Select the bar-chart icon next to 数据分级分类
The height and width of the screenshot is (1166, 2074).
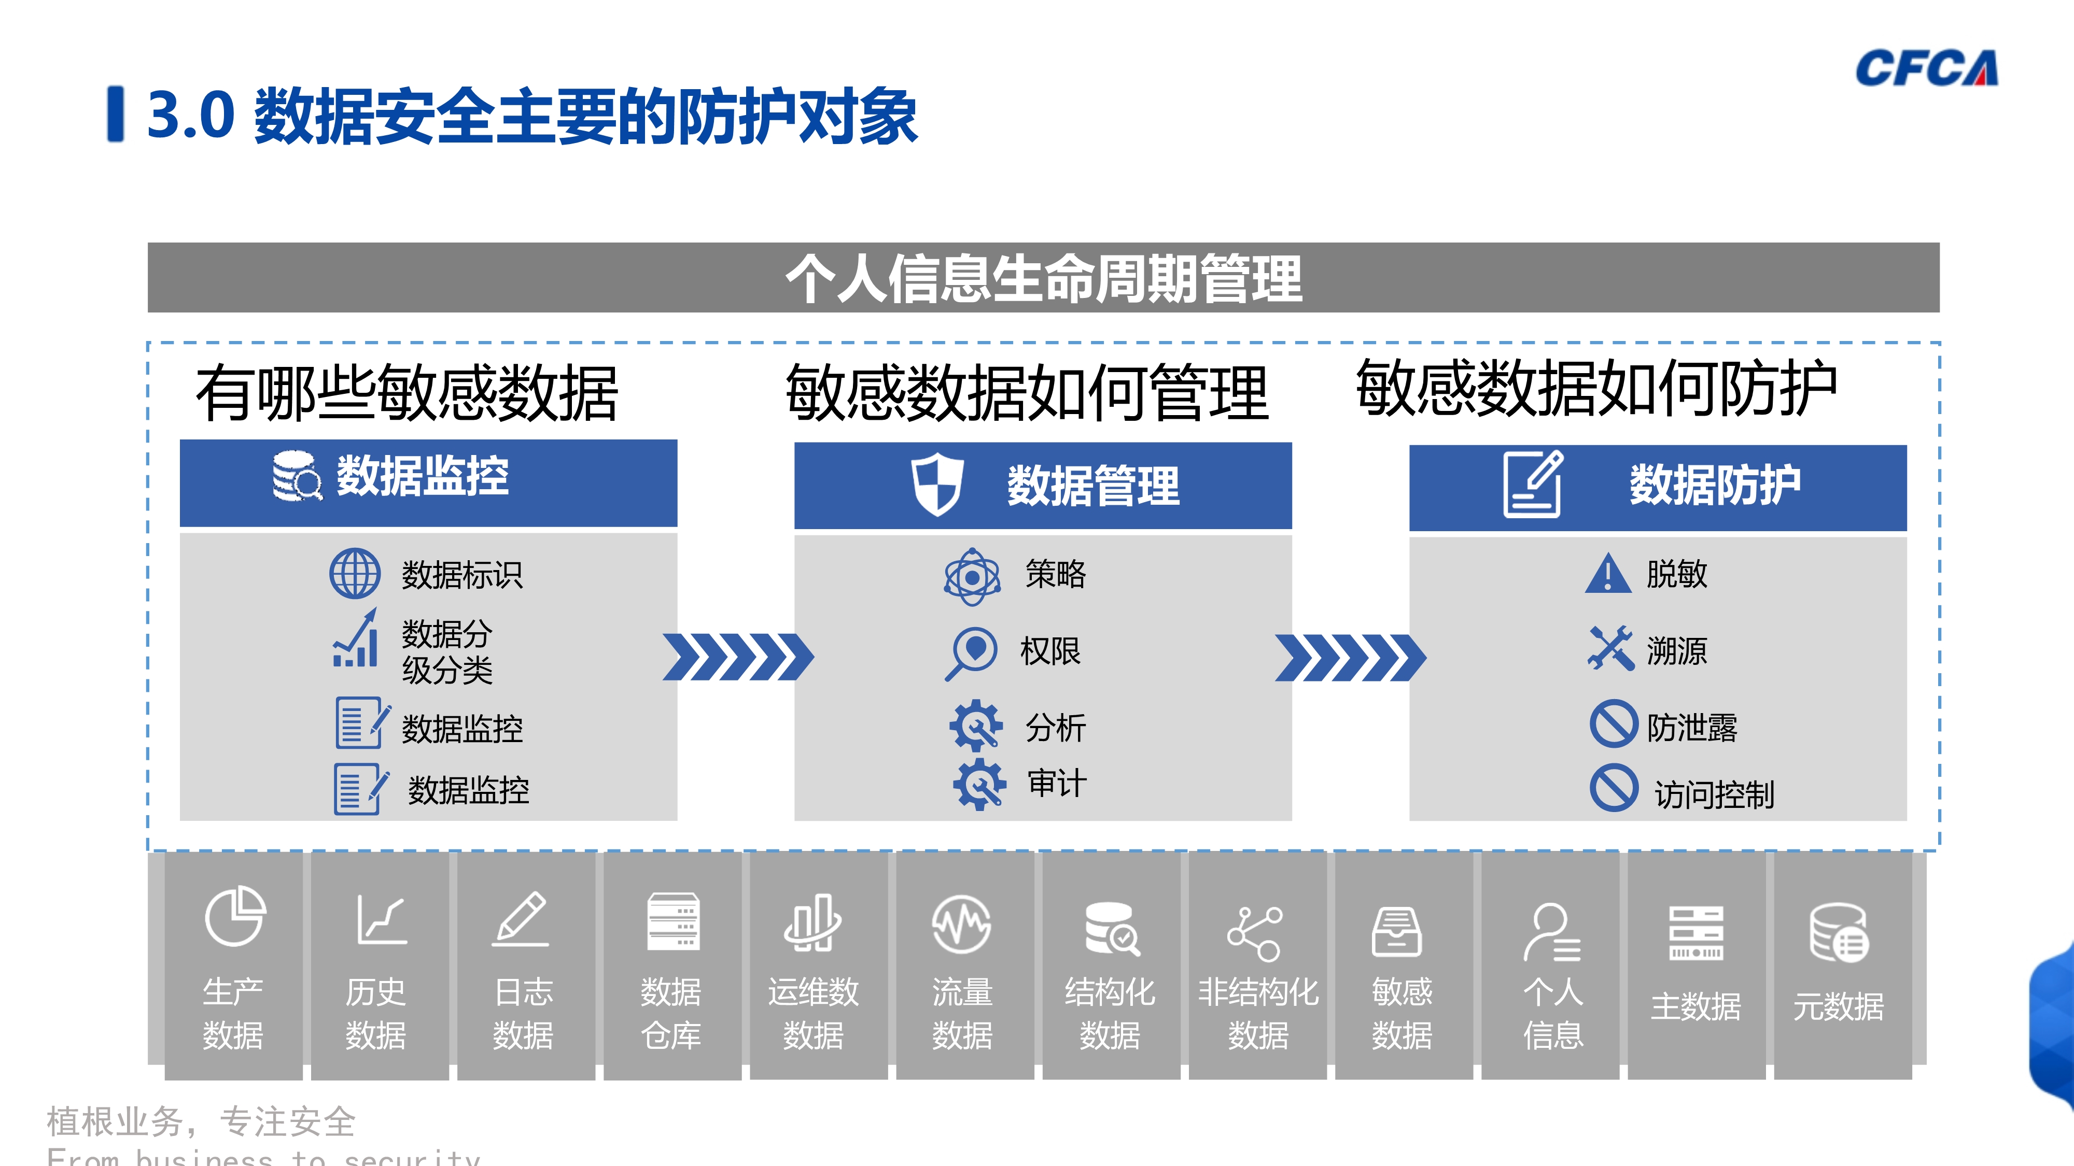pyautogui.click(x=356, y=639)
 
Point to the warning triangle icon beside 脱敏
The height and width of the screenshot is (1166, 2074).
pyautogui.click(x=1608, y=574)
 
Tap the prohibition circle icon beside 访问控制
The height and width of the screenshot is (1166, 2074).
pyautogui.click(x=1614, y=789)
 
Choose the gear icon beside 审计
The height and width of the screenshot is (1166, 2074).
pyautogui.click(x=978, y=784)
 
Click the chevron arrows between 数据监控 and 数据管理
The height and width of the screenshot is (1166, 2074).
pyautogui.click(x=737, y=658)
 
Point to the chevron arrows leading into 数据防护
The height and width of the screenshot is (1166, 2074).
pyautogui.click(x=1350, y=658)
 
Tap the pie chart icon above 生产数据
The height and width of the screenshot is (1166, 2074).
pyautogui.click(x=234, y=917)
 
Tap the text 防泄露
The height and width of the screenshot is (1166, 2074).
pyautogui.click(x=1691, y=728)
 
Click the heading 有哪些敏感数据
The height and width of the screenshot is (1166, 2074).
pyautogui.click(x=407, y=393)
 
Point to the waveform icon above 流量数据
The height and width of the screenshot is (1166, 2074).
pyautogui.click(x=961, y=925)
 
